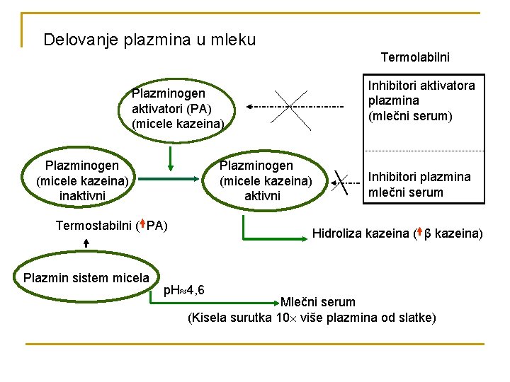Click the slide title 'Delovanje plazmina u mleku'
[x=149, y=40]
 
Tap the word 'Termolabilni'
[x=415, y=57]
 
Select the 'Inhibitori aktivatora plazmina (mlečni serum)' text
[x=421, y=100]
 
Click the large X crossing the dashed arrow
[x=292, y=108]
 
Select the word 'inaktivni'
[x=81, y=195]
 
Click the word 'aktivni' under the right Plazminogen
[x=263, y=195]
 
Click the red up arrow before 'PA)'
[x=142, y=226]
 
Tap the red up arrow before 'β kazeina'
[x=420, y=232]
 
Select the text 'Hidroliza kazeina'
[x=360, y=233]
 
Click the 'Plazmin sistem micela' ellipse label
[x=86, y=277]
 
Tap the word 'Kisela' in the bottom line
[x=210, y=318]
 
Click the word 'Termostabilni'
[x=92, y=226]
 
